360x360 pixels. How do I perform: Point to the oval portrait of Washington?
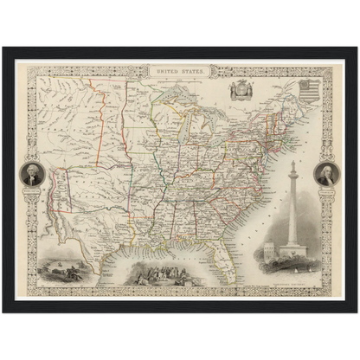tap(32, 176)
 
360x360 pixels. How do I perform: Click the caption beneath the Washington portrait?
tap(32, 191)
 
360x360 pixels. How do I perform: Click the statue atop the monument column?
tap(292, 165)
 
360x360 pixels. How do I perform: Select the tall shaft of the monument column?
tap(292, 208)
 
